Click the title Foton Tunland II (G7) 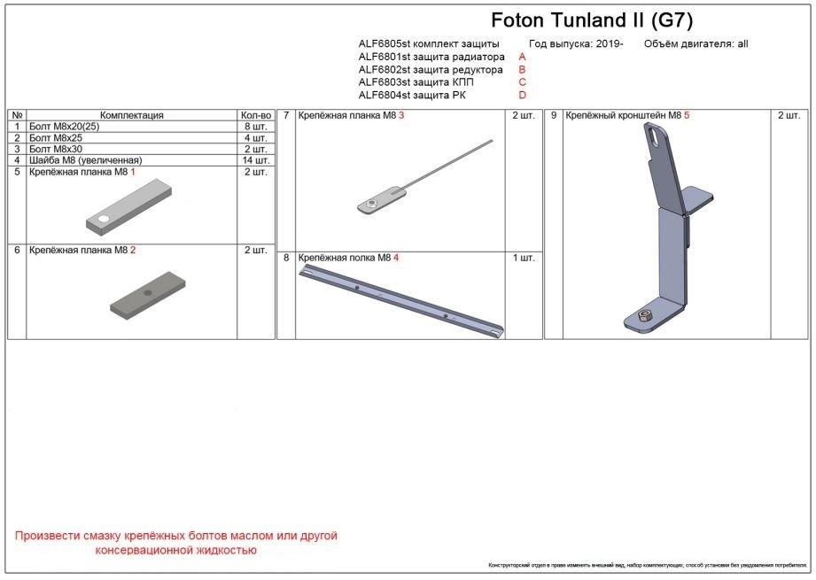591,20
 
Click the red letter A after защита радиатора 523,57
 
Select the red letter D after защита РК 523,95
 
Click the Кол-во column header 255,115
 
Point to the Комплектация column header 132,115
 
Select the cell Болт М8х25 56,138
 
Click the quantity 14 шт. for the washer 255,160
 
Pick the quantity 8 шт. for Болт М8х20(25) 255,127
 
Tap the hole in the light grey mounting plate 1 104,218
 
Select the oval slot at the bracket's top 653,136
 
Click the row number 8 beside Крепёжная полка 286,258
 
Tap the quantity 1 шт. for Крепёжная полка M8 524,258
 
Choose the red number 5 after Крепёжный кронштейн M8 687,115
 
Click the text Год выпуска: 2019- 576,43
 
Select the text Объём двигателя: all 696,43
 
